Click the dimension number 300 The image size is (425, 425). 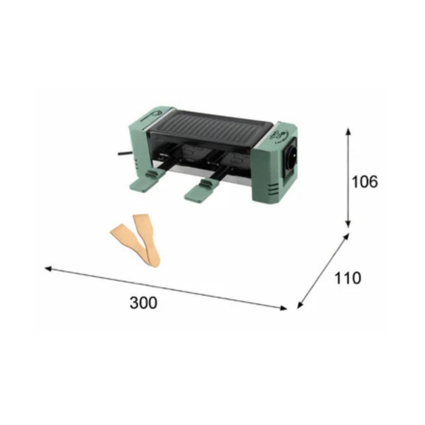point(143,303)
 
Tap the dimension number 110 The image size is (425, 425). point(347,278)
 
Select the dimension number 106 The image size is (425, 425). point(364,182)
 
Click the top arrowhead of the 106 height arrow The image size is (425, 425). point(348,131)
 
